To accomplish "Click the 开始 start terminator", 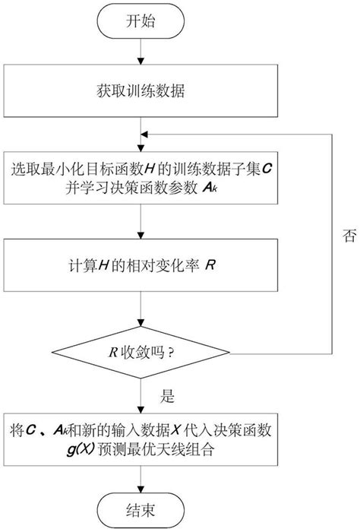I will click(x=142, y=21).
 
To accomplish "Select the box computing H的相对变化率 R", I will click(x=142, y=267).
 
